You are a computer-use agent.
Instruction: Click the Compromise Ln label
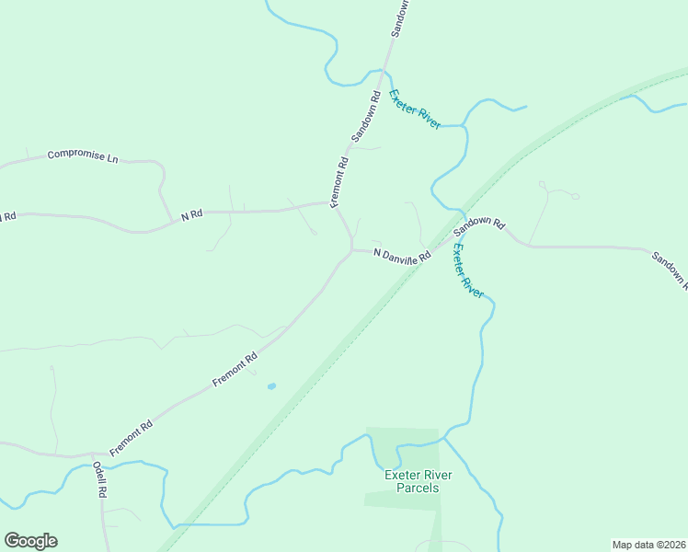point(83,156)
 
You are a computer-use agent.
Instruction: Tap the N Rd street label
point(191,215)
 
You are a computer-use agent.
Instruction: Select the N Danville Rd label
point(402,256)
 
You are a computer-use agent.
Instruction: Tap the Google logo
point(30,541)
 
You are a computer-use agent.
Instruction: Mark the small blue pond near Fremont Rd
point(270,386)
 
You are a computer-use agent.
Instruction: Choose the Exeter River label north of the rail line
point(414,109)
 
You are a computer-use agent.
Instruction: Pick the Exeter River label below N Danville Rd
point(468,270)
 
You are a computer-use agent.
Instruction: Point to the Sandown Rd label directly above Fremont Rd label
point(365,114)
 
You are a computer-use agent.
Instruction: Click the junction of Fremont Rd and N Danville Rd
point(351,249)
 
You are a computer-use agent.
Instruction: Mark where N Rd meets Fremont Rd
point(330,203)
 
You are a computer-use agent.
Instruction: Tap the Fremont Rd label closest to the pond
point(235,368)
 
